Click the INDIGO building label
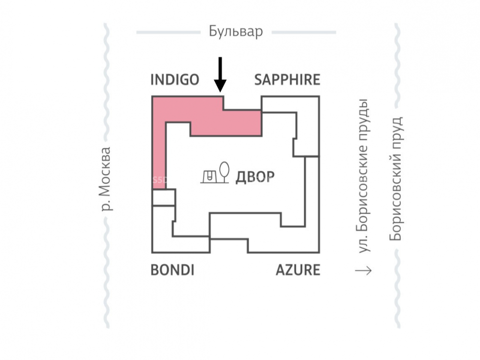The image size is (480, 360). click(174, 80)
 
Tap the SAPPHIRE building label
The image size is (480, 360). click(287, 80)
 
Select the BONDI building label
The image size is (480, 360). click(172, 270)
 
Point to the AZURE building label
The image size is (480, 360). click(298, 270)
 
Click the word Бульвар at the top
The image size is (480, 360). click(236, 32)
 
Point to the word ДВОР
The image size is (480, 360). click(255, 177)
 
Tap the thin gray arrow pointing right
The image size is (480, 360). click(363, 271)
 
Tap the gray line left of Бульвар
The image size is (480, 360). click(168, 33)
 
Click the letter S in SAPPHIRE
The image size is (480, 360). click(258, 80)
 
